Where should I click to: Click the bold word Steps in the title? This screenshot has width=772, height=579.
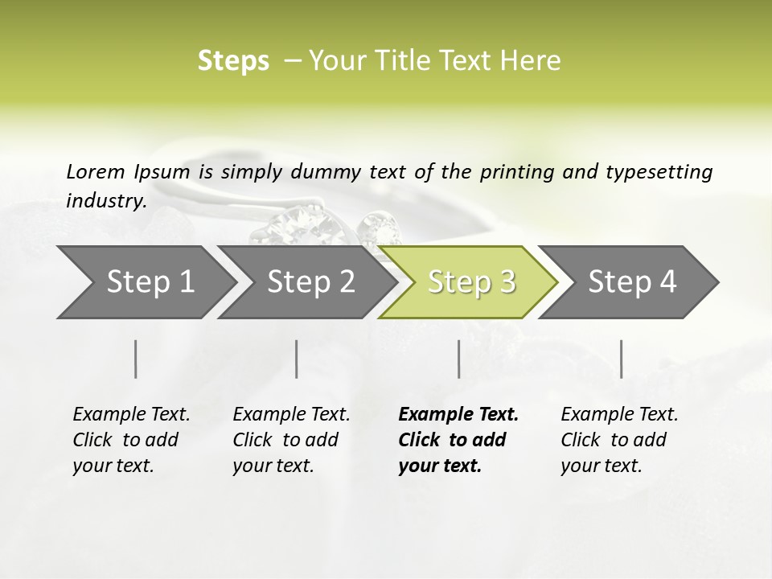coord(233,61)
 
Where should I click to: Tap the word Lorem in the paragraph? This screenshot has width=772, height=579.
coord(95,171)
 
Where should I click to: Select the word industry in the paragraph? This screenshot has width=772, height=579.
coord(105,200)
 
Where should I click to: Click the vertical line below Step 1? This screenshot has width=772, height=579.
coord(136,359)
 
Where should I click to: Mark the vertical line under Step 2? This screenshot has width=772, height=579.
coord(297,359)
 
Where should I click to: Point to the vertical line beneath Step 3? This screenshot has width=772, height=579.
coord(459,359)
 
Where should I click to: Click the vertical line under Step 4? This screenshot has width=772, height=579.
coord(621,359)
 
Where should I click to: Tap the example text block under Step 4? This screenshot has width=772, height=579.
coord(619,440)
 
